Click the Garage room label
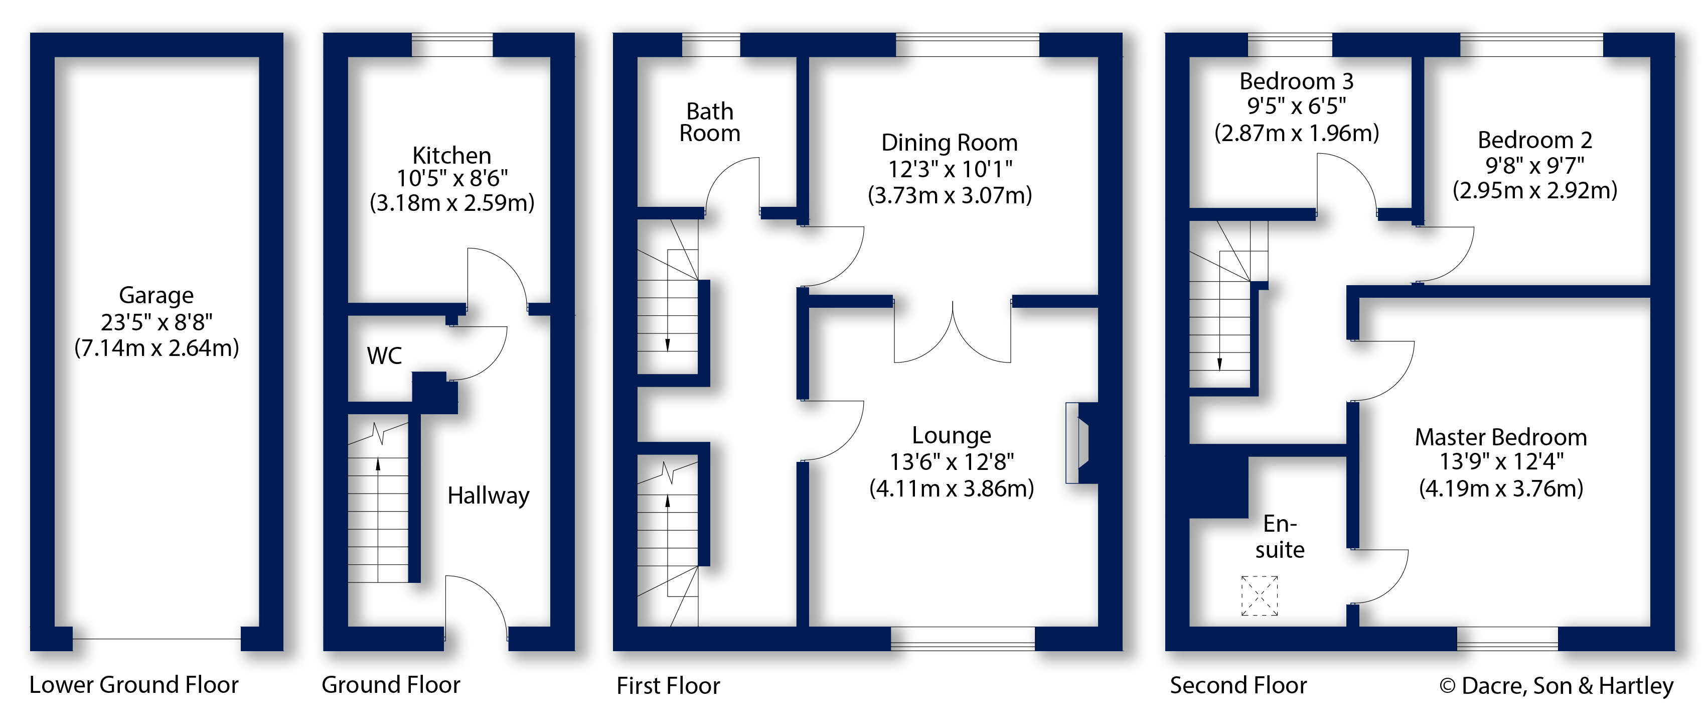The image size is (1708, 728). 156,295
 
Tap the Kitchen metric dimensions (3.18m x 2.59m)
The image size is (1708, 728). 451,202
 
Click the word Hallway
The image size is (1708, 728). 488,496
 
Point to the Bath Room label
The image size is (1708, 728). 709,122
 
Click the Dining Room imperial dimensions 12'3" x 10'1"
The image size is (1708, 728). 950,169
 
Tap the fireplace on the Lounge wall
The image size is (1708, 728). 1077,443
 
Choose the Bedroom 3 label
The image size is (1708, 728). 1296,81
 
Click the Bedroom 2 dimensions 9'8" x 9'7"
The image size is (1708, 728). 1534,165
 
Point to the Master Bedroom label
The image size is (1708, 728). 1500,437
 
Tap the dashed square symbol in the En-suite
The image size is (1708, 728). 1259,595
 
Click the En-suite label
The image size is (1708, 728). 1279,537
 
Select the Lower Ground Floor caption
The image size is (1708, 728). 133,685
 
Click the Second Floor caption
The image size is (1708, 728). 1237,685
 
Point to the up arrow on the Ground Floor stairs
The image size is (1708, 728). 378,464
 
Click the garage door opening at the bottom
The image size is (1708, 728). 157,639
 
